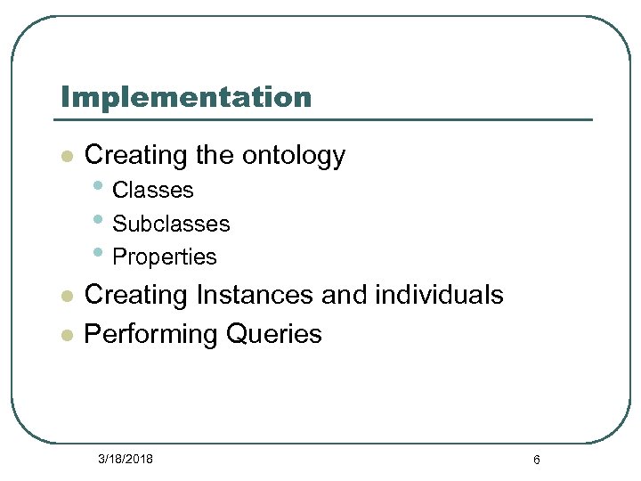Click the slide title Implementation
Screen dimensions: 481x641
(x=185, y=96)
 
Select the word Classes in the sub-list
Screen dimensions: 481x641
(x=153, y=190)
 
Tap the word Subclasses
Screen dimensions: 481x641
(x=171, y=224)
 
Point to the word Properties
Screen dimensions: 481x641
(x=165, y=257)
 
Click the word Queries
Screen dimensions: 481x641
(x=274, y=334)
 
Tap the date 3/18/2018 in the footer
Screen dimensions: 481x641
(x=126, y=459)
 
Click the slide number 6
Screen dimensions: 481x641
(x=536, y=460)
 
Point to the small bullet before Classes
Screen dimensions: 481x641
(x=97, y=188)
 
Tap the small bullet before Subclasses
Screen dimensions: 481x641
(x=97, y=222)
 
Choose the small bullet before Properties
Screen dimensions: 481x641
(x=97, y=255)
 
